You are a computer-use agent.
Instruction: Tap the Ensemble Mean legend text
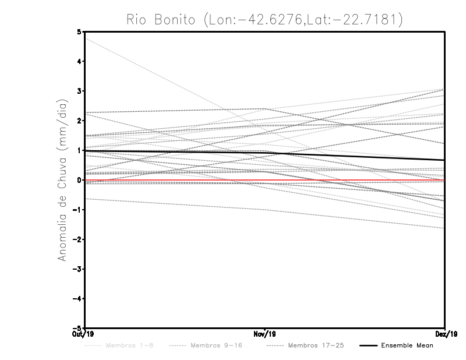[407, 345]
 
